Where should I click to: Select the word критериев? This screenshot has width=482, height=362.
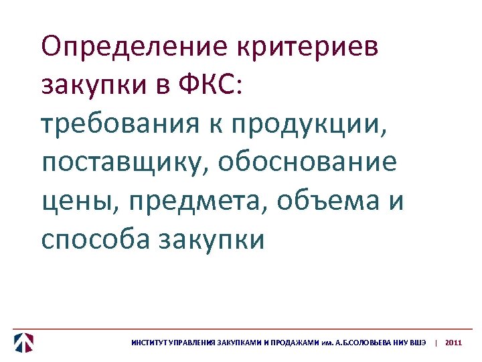pos(307,48)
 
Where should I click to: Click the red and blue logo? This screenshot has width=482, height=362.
pos(24,343)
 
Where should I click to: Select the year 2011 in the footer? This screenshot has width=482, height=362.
pos(453,343)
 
